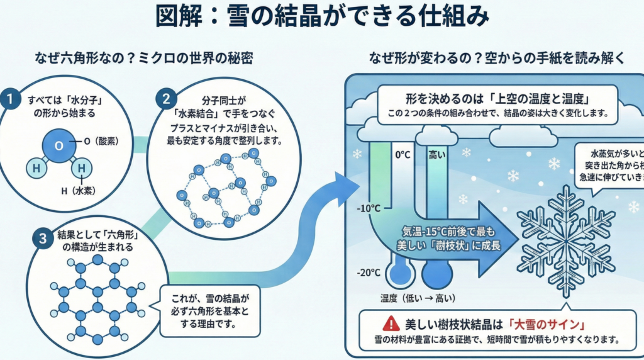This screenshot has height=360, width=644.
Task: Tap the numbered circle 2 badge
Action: click(x=166, y=98)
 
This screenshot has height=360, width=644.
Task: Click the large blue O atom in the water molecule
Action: click(x=58, y=145)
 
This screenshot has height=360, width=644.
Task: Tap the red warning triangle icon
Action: click(x=391, y=324)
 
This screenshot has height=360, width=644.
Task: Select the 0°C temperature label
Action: click(x=402, y=154)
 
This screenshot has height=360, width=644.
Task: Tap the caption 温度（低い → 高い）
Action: click(x=418, y=298)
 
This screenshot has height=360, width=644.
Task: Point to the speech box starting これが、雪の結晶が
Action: click(x=209, y=312)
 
